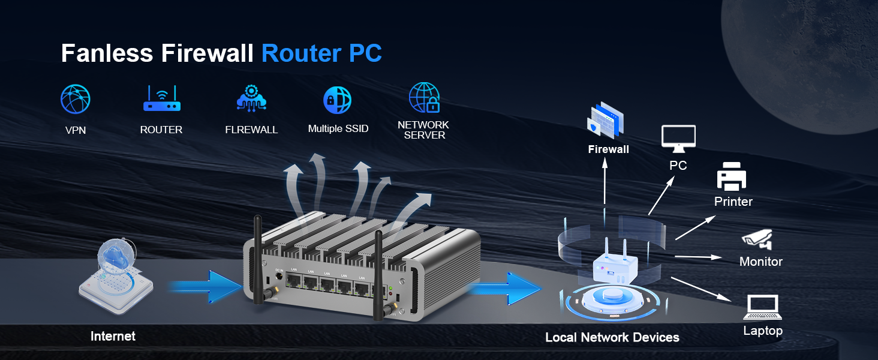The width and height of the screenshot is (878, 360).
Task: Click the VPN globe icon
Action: [76, 100]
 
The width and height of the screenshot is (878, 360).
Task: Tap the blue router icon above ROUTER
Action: [161, 99]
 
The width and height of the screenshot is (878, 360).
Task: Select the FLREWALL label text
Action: [251, 130]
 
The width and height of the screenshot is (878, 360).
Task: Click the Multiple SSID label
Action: [338, 128]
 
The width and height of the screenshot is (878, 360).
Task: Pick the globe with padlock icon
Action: [424, 98]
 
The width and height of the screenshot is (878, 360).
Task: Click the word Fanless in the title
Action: [107, 54]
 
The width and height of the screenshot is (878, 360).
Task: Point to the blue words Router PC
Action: [321, 54]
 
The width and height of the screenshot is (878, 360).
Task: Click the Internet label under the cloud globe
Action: [113, 337]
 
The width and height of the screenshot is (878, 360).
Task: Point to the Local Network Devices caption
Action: [612, 338]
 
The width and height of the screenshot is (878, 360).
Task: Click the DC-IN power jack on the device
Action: [279, 278]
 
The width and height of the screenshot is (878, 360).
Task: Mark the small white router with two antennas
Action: [615, 264]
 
